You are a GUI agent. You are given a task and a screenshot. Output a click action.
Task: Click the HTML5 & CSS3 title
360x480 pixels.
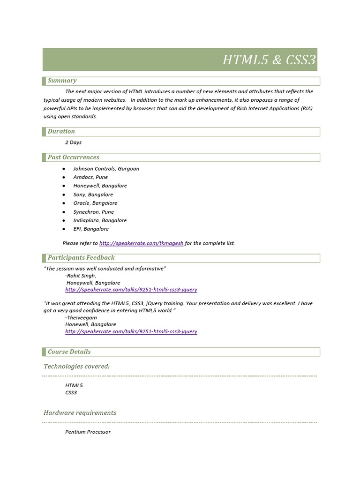pyautogui.click(x=269, y=60)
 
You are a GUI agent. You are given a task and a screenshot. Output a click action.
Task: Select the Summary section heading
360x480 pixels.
pyautogui.click(x=62, y=81)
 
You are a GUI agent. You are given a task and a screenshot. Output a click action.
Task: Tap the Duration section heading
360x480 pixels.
pyautogui.click(x=61, y=132)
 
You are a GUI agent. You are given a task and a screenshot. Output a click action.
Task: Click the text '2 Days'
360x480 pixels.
pyautogui.click(x=74, y=142)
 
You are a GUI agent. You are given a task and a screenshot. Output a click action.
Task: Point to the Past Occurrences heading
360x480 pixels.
pyautogui.click(x=73, y=157)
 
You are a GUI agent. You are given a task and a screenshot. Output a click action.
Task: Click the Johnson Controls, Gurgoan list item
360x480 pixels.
pyautogui.click(x=106, y=169)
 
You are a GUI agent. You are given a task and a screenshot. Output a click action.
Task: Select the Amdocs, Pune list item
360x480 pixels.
pyautogui.click(x=90, y=177)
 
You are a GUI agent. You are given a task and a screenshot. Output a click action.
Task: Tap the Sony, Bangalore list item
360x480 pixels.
pyautogui.click(x=93, y=195)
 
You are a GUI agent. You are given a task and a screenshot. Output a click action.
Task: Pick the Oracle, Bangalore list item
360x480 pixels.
pyautogui.click(x=95, y=203)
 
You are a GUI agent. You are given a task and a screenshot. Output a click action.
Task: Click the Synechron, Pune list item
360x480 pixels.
pyautogui.click(x=93, y=212)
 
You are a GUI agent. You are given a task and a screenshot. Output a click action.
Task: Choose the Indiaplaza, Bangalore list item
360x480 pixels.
pyautogui.click(x=100, y=220)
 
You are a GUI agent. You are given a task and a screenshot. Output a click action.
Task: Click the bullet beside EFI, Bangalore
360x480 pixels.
pyautogui.click(x=63, y=229)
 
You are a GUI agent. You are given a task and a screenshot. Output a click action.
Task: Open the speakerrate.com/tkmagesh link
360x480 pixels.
pyautogui.click(x=141, y=243)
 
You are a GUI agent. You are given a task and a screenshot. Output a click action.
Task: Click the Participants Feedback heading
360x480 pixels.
pyautogui.click(x=81, y=258)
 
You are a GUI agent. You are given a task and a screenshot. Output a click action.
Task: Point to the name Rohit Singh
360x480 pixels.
pyautogui.click(x=82, y=276)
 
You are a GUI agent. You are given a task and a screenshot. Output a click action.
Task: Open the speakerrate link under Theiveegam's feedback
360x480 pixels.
pyautogui.click(x=131, y=331)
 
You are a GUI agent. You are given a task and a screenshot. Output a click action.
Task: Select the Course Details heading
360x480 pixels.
pyautogui.click(x=69, y=352)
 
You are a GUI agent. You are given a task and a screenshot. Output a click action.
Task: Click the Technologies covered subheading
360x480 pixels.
pyautogui.click(x=76, y=366)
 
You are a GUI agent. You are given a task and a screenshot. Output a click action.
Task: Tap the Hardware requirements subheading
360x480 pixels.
pyautogui.click(x=80, y=413)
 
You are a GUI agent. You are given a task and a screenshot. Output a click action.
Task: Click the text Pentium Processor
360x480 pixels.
pyautogui.click(x=88, y=432)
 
